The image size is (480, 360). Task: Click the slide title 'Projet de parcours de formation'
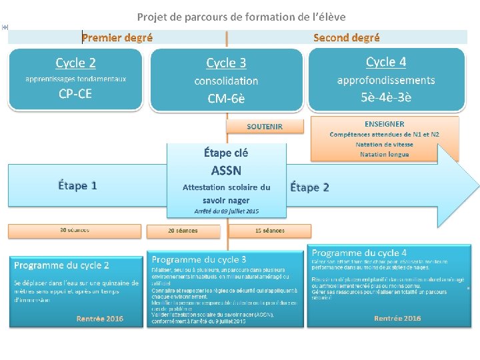click(x=241, y=17)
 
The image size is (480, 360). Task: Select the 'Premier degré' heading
click(x=117, y=38)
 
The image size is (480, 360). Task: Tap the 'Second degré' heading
click(x=347, y=38)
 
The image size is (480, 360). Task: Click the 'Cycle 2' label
click(x=75, y=63)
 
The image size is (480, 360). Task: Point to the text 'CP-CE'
click(x=75, y=94)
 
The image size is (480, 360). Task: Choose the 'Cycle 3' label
click(x=226, y=63)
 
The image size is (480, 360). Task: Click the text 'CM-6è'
click(x=226, y=99)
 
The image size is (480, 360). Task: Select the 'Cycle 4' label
click(x=386, y=62)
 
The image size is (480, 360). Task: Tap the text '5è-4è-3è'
click(x=386, y=97)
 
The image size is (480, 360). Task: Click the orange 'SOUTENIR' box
click(x=265, y=126)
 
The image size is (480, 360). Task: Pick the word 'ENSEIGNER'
click(x=385, y=124)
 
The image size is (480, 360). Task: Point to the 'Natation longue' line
click(x=385, y=155)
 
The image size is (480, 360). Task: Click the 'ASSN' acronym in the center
click(x=226, y=170)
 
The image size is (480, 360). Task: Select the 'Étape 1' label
click(x=77, y=185)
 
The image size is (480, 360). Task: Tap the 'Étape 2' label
click(x=309, y=187)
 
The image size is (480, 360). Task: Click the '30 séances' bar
click(x=75, y=231)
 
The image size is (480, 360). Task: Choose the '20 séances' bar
click(x=183, y=231)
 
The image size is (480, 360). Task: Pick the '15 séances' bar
click(x=270, y=231)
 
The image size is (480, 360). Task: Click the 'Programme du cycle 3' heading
click(x=199, y=259)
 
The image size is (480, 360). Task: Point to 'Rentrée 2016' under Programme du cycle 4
click(x=397, y=319)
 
